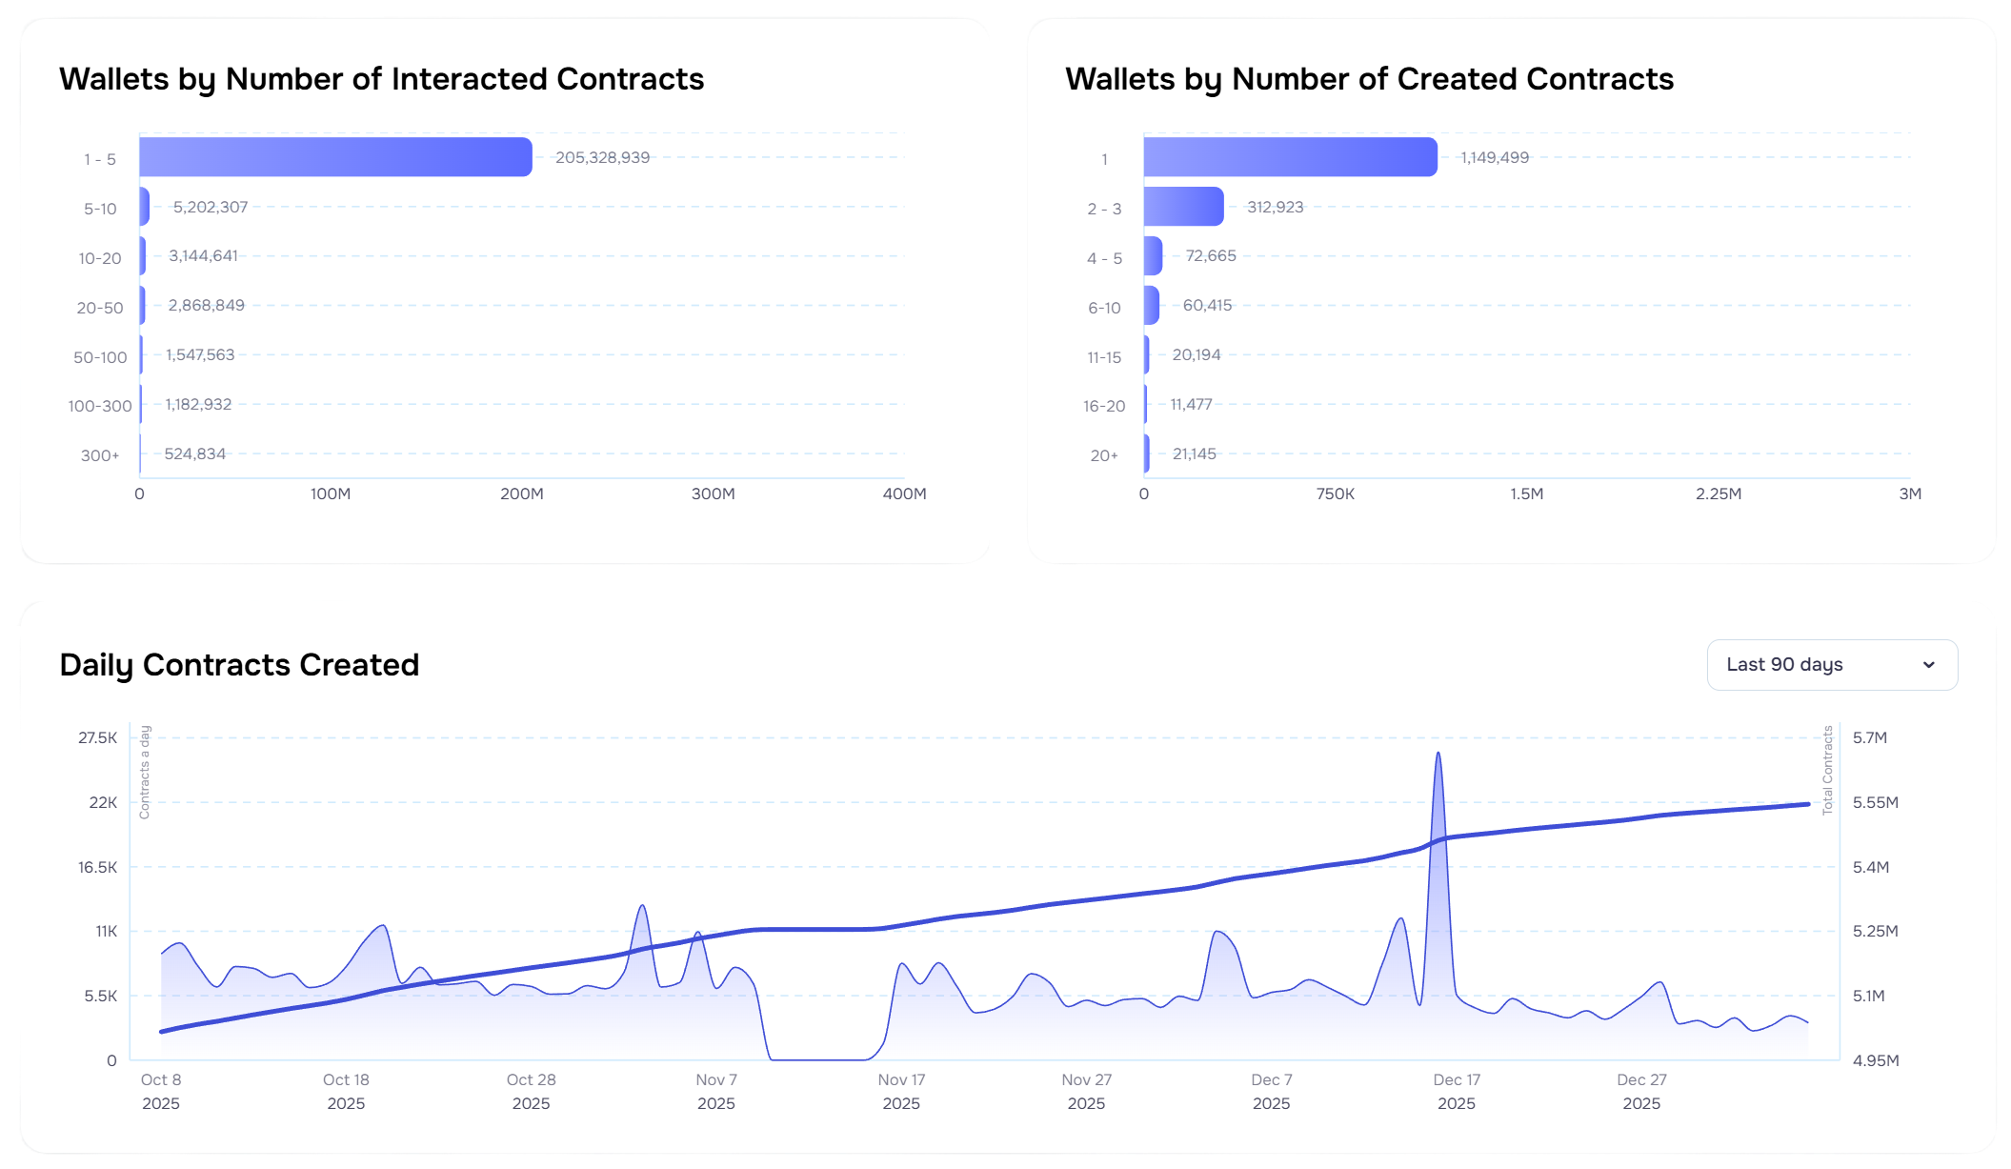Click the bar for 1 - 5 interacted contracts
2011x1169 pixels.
coord(335,157)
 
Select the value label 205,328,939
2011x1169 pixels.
coord(602,157)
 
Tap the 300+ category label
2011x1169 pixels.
coord(100,455)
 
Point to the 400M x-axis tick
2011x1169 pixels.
coord(904,494)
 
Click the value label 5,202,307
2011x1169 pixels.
coord(210,207)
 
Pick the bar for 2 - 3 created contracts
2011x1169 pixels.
coord(1183,207)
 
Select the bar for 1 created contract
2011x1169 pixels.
coord(1290,157)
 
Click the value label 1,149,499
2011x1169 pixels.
coord(1494,157)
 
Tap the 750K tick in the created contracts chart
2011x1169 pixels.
coord(1335,494)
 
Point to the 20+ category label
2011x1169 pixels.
coord(1104,455)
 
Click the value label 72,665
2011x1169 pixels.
coord(1210,255)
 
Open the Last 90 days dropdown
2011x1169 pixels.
coord(1831,665)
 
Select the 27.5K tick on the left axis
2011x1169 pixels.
coord(98,737)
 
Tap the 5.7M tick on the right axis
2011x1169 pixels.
coord(1869,737)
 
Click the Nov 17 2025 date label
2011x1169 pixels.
coord(901,1091)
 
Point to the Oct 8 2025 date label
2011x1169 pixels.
coord(161,1091)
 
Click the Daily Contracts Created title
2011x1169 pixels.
coord(239,665)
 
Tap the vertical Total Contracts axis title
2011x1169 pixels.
coord(1827,770)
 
